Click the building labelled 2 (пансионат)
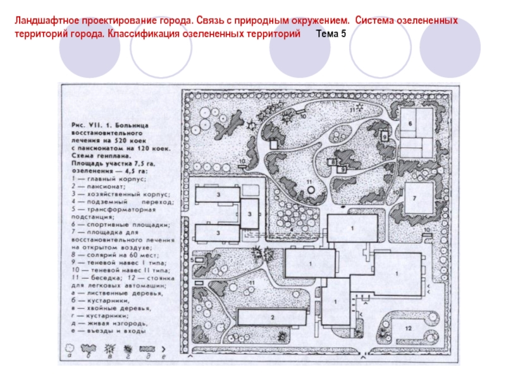point(271,317)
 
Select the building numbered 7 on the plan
point(417,198)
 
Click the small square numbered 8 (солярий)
point(331,162)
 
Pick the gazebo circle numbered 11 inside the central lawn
point(309,189)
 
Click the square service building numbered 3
point(250,214)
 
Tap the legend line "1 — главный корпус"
point(105,179)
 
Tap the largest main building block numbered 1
point(397,273)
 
